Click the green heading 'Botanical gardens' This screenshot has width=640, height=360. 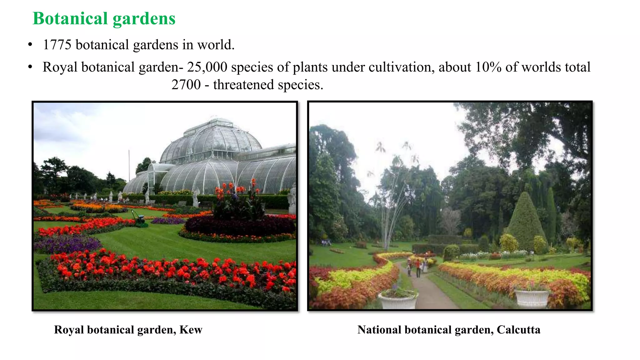(104, 18)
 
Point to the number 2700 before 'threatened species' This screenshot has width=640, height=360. (186, 85)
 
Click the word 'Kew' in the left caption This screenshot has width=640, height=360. (191, 330)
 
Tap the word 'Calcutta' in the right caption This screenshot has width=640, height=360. (518, 330)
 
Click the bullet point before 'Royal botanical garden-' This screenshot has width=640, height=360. (30, 67)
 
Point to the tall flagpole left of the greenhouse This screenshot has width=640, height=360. (129, 166)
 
